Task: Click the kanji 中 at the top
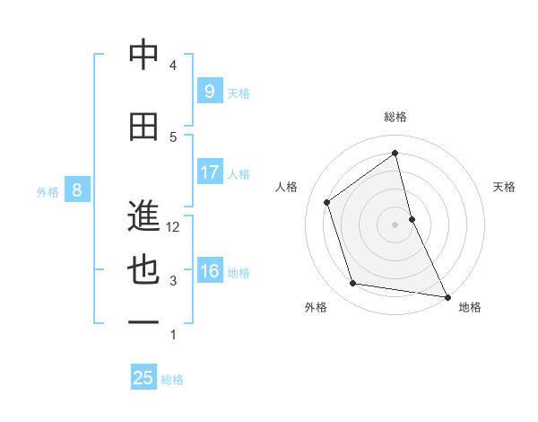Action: point(143,56)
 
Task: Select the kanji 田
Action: point(143,127)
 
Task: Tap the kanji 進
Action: point(143,216)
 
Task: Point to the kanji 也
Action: point(143,271)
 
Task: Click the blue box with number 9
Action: point(209,91)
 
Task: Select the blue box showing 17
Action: point(209,172)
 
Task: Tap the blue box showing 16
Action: point(209,272)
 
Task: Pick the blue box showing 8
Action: point(77,189)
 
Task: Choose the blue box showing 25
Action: point(143,378)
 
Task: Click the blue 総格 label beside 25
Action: point(172,380)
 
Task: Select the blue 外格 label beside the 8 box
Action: point(47,191)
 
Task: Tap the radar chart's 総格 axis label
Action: point(395,117)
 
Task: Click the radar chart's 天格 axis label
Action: point(505,187)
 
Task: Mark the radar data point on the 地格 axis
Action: point(447,295)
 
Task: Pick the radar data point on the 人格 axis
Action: point(326,202)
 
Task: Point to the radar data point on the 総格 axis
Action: point(395,153)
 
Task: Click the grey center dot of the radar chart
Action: point(395,224)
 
